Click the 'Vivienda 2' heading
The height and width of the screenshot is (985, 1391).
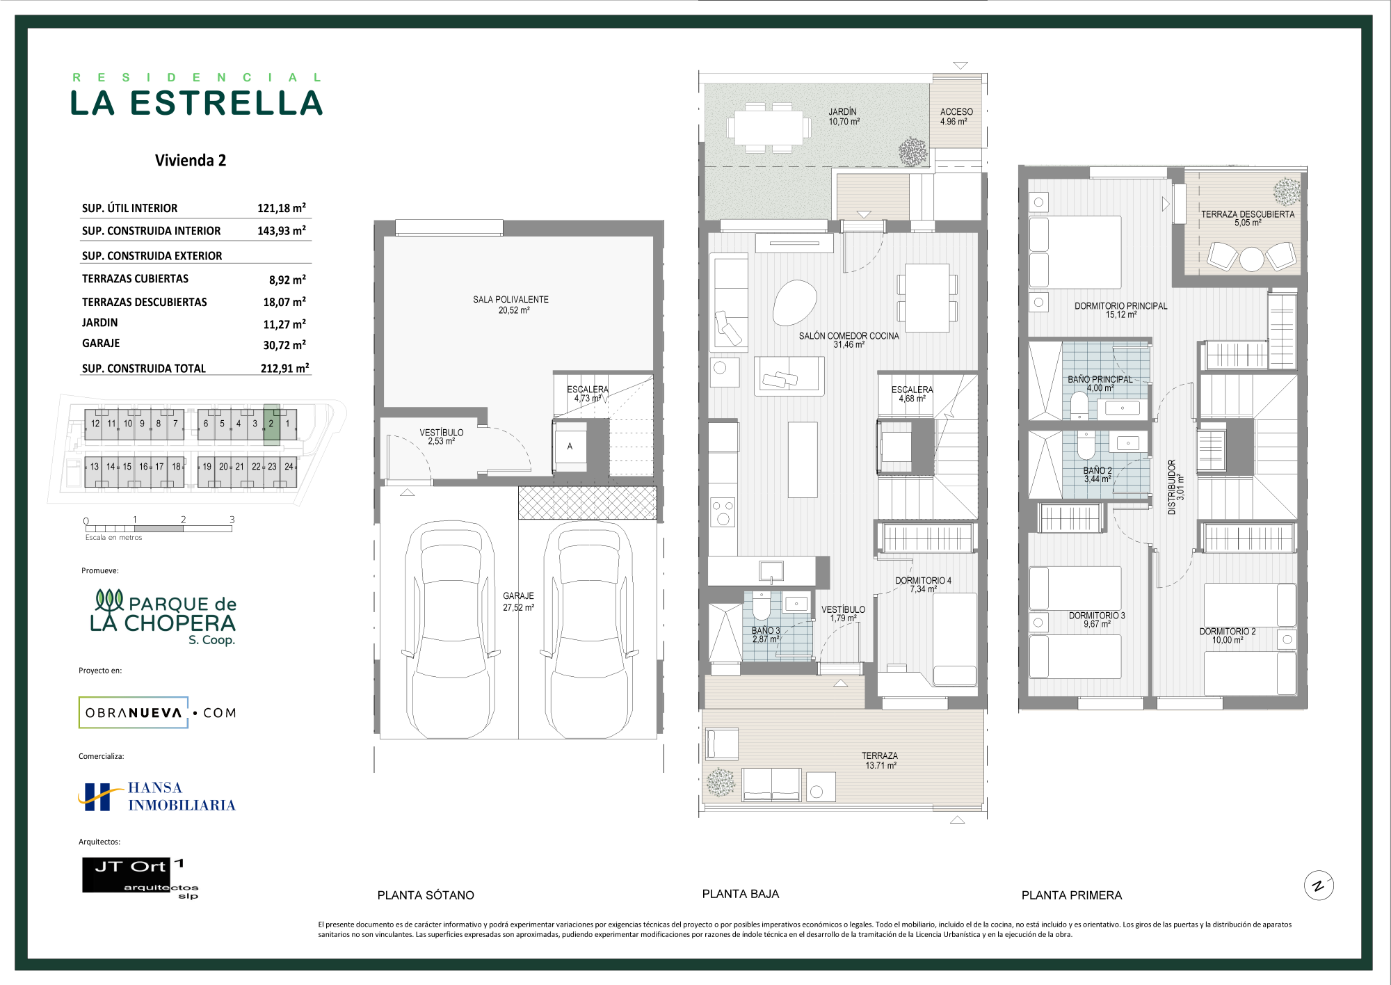tap(191, 161)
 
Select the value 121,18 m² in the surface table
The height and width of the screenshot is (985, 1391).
tap(282, 208)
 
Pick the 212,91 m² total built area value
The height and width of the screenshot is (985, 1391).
tap(284, 368)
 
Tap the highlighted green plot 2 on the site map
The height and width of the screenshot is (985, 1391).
tap(271, 424)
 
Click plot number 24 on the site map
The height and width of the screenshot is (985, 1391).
tap(289, 467)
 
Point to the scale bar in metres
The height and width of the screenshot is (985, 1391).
tap(159, 529)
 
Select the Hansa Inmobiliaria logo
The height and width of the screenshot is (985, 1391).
tap(157, 796)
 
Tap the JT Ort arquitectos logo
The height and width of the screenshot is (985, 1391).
tap(140, 879)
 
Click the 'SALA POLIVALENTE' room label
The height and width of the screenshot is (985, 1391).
tap(511, 300)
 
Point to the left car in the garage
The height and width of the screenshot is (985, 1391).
tap(451, 630)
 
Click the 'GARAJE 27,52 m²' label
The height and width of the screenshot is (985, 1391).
tap(519, 602)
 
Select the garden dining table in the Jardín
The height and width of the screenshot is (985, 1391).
tap(769, 128)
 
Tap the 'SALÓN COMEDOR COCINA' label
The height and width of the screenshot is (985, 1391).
tap(849, 336)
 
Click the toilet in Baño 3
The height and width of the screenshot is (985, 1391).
tap(762, 606)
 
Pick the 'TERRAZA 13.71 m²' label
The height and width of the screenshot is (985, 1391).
tap(880, 760)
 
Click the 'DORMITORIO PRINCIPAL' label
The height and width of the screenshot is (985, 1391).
tap(1121, 306)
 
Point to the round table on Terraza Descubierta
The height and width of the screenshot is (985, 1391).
tap(1252, 259)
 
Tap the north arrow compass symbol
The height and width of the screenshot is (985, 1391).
tap(1319, 886)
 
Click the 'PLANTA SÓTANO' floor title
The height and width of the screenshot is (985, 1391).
tap(426, 895)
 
